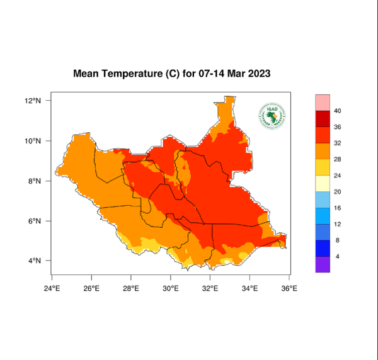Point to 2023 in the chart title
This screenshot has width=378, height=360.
click(x=258, y=74)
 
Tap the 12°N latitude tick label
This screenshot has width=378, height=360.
click(x=33, y=101)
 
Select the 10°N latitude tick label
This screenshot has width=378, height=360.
click(x=33, y=141)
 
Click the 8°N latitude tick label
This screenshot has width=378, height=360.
click(x=35, y=181)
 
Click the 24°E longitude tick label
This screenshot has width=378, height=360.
click(x=52, y=288)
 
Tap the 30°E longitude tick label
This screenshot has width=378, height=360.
click(x=171, y=288)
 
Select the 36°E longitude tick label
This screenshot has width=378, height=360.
click(x=289, y=288)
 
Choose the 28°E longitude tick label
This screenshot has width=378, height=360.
click(x=131, y=288)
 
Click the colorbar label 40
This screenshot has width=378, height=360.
click(x=337, y=111)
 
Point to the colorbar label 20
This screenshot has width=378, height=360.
click(x=337, y=192)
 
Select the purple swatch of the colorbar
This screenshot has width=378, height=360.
click(x=323, y=265)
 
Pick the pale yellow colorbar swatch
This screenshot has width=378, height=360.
click(x=323, y=184)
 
